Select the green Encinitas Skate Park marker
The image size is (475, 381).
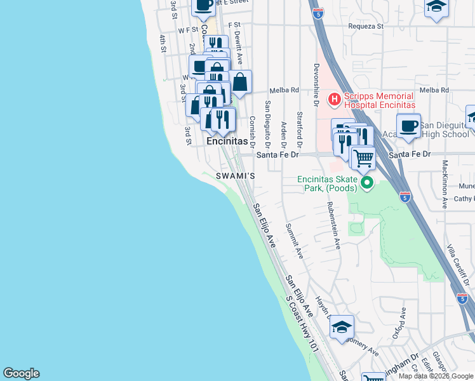pos(366,184)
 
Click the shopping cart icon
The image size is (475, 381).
pos(363,156)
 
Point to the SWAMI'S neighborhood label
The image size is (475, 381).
pos(236,175)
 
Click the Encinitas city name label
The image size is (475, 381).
pos(226,142)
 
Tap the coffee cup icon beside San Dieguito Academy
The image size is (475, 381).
pos(409,125)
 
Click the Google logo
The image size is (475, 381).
pos(21,373)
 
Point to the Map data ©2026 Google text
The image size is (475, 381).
pos(435,376)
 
